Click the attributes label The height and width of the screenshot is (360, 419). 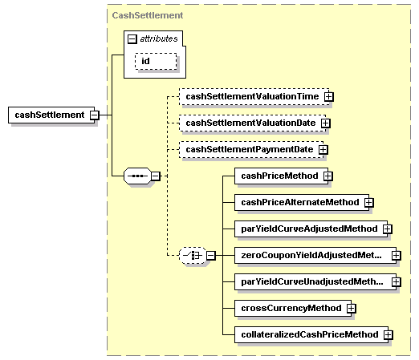tap(159, 38)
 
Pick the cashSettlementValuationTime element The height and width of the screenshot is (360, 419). tap(251, 96)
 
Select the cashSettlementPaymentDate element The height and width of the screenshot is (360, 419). tap(248, 149)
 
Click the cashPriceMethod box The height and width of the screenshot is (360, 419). tap(276, 176)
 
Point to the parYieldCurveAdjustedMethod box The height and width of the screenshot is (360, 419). tap(307, 229)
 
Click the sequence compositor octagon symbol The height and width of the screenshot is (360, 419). tap(138, 176)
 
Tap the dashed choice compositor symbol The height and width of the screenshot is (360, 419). tap(191, 255)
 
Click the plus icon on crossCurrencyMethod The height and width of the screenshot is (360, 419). tap(352, 308)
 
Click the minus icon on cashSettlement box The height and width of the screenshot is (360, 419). tap(95, 115)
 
